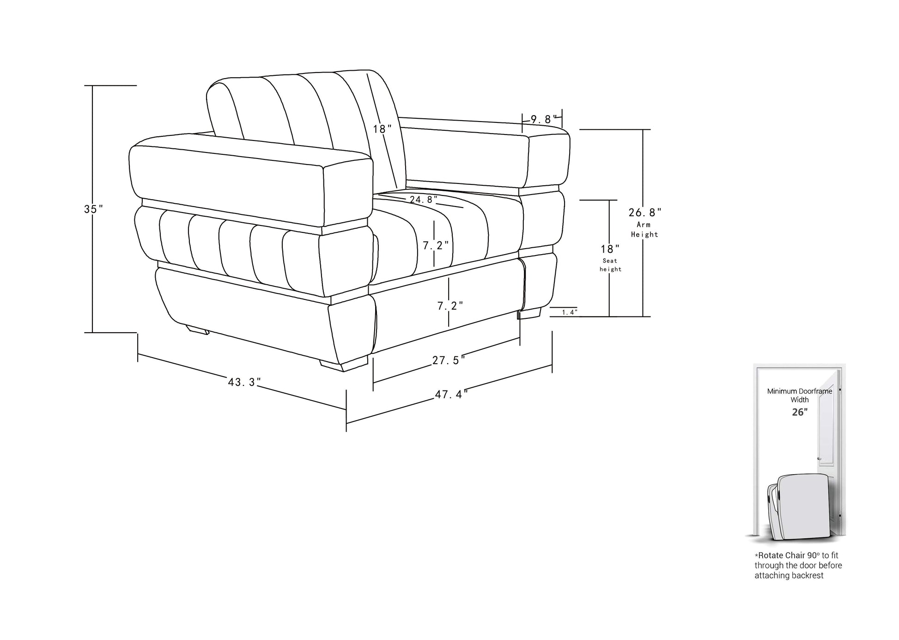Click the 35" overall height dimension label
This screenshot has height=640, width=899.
point(93,209)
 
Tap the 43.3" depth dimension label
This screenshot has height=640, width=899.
point(244,382)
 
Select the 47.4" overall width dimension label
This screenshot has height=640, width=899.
point(451,394)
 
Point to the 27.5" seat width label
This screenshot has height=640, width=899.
point(449,360)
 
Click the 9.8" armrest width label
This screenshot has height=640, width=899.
point(544,119)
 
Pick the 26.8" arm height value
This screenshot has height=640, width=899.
point(645,213)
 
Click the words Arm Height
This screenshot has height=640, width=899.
point(644,229)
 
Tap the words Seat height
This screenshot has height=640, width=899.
point(610,265)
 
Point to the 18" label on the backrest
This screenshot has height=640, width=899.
point(383,129)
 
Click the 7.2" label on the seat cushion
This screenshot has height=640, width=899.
point(436,245)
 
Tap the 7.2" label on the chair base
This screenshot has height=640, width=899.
point(450,305)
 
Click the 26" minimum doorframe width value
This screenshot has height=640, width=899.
point(800,412)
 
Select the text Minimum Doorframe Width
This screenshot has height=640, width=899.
point(800,395)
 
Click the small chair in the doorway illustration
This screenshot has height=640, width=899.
point(798,507)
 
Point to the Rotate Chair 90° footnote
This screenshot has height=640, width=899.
point(798,565)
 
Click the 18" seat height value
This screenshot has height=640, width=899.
point(610,249)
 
